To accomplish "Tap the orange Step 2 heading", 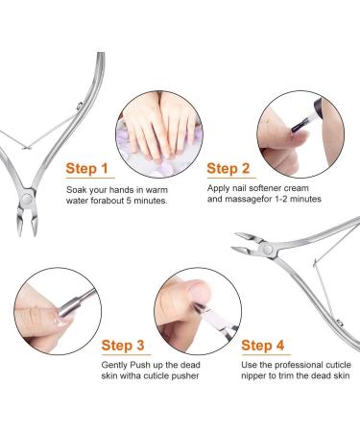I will click(x=236, y=169).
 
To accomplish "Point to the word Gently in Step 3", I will click(x=115, y=367).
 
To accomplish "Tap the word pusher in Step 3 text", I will click(x=186, y=379).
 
